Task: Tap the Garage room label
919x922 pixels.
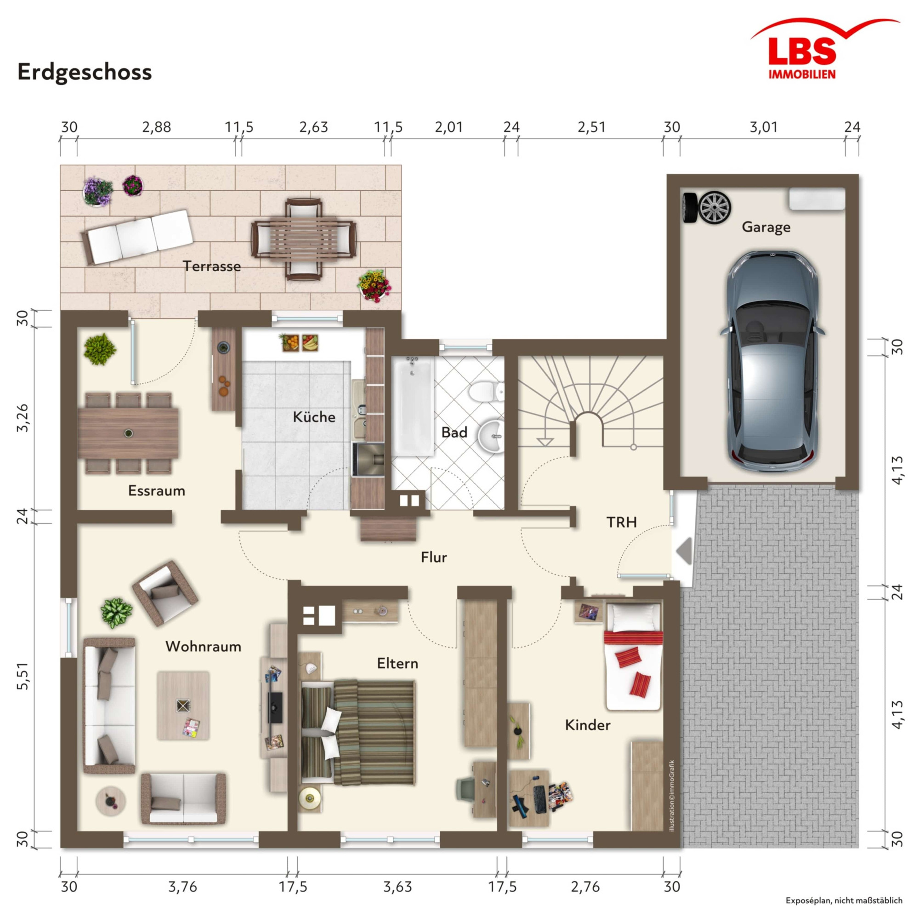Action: [x=766, y=227]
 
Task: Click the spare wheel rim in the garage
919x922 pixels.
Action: [x=715, y=207]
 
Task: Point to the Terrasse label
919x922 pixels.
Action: [x=212, y=266]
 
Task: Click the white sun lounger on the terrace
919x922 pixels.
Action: [x=137, y=237]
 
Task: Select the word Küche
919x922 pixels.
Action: [x=314, y=417]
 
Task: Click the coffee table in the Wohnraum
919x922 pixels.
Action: [x=183, y=706]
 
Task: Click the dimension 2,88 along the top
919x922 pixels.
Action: [x=157, y=127]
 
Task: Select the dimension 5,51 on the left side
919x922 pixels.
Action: [x=23, y=676]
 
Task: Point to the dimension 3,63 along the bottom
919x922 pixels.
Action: [x=397, y=887]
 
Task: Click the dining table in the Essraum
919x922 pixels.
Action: [x=128, y=433]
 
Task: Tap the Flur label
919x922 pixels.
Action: [x=434, y=558]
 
